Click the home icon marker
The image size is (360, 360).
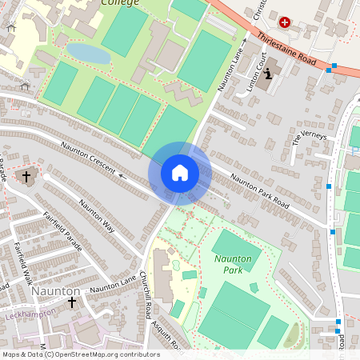(179, 173)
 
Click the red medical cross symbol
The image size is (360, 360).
(285, 22)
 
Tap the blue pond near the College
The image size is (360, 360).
(89, 53)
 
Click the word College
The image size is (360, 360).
(121, 3)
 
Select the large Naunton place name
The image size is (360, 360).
(56, 292)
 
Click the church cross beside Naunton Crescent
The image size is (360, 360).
(26, 175)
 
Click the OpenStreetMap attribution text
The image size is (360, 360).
(81, 354)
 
